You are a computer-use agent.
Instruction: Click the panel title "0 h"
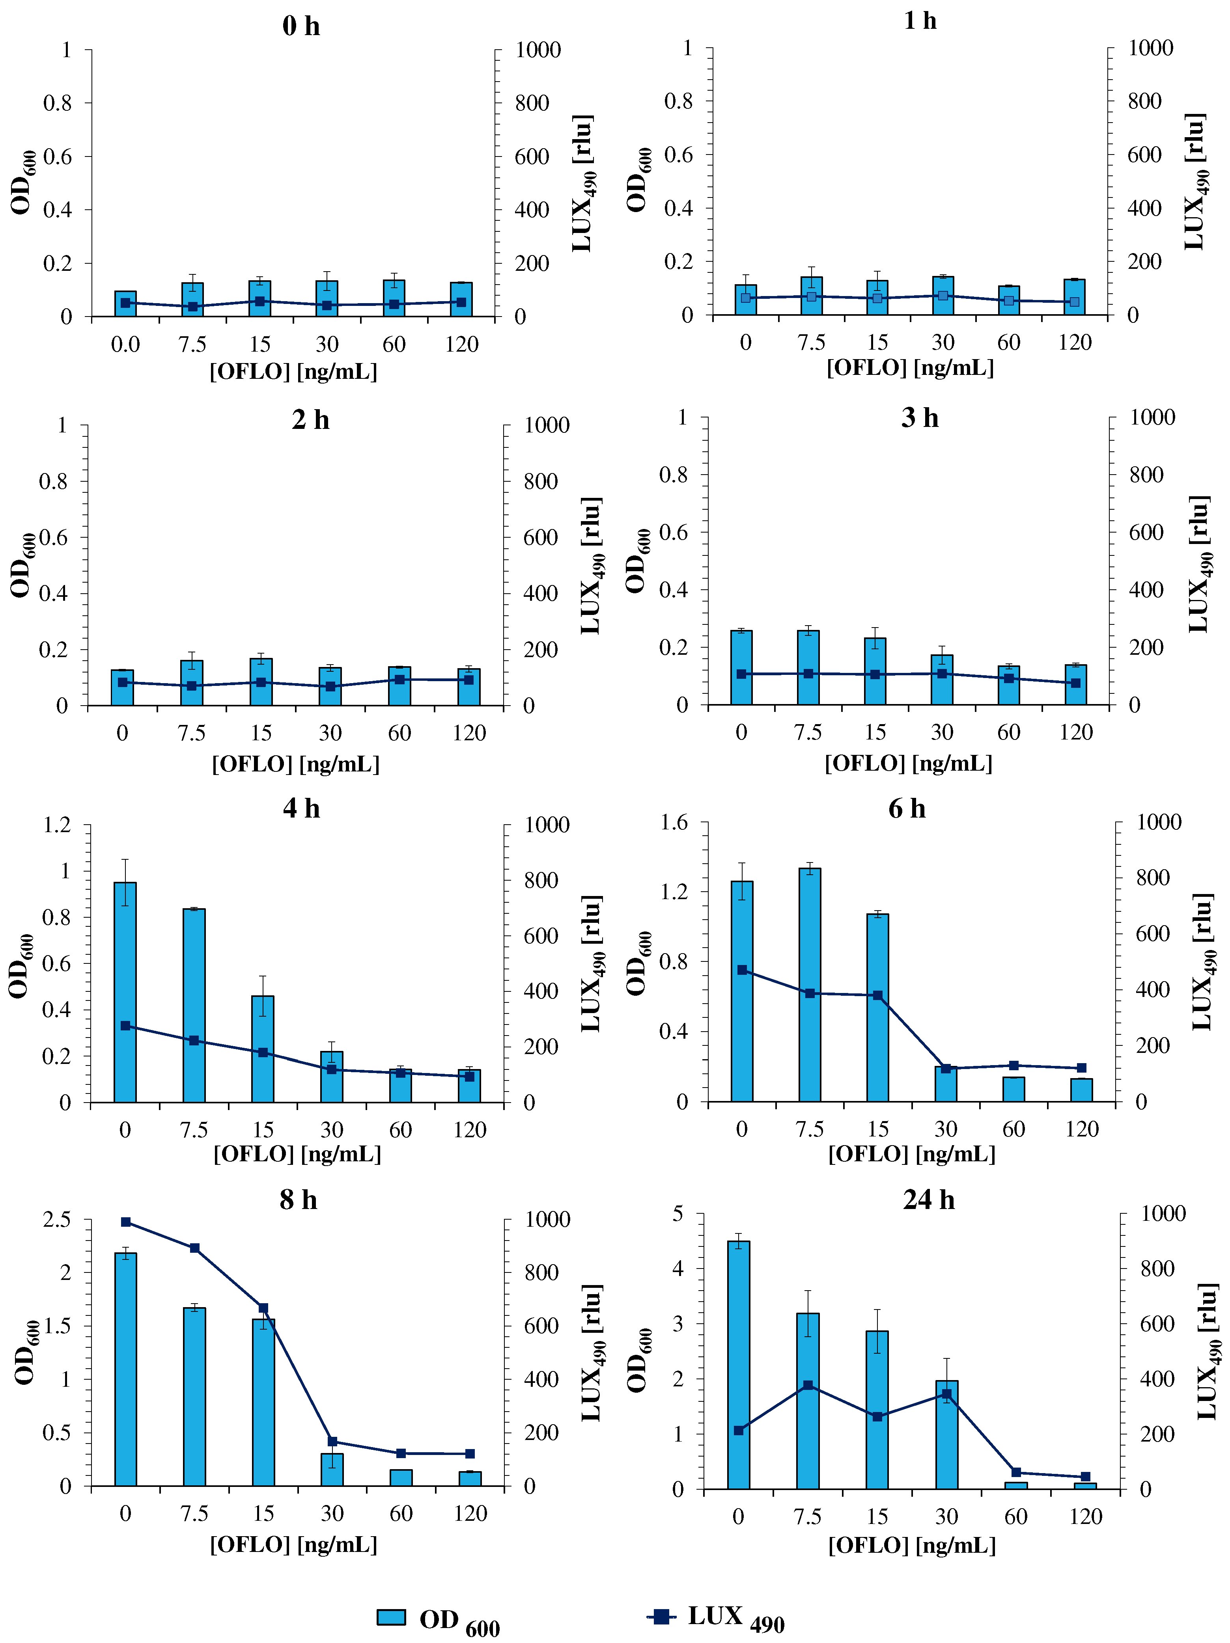tap(301, 26)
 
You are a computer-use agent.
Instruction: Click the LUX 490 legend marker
tap(661, 1616)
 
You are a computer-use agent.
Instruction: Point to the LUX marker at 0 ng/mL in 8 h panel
tap(125, 1222)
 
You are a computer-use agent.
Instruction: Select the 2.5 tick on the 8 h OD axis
tap(57, 1220)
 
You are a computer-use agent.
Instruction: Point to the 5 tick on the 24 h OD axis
tap(677, 1214)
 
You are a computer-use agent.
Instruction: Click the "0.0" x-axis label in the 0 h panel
tap(125, 345)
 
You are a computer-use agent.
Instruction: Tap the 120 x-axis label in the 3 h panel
tap(1075, 732)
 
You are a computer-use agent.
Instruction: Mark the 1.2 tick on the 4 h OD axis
tap(57, 825)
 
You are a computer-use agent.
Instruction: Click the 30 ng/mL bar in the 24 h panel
tap(946, 1435)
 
